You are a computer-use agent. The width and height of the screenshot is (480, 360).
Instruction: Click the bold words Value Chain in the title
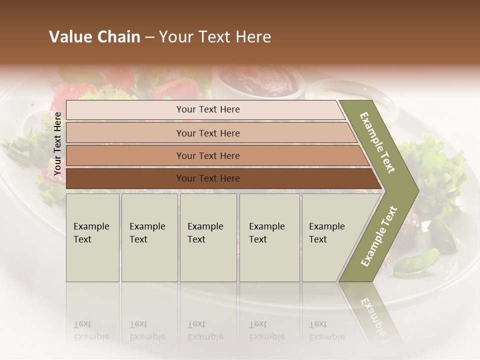click(94, 37)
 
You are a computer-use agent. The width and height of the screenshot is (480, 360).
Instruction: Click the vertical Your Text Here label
click(58, 143)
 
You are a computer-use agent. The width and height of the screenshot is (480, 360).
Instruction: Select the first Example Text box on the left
click(92, 237)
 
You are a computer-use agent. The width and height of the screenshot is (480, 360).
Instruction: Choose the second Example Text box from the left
click(149, 237)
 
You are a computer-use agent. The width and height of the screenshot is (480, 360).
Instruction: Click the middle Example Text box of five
click(208, 237)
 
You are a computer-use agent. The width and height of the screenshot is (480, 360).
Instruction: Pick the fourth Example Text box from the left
click(269, 237)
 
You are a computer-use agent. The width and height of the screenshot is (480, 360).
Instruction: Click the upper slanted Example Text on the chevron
click(378, 143)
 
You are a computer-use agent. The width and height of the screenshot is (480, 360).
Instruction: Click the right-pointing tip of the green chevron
click(416, 190)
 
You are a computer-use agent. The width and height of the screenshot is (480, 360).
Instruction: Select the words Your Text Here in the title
click(215, 37)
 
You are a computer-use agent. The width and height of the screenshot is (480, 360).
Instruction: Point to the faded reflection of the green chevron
click(373, 315)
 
